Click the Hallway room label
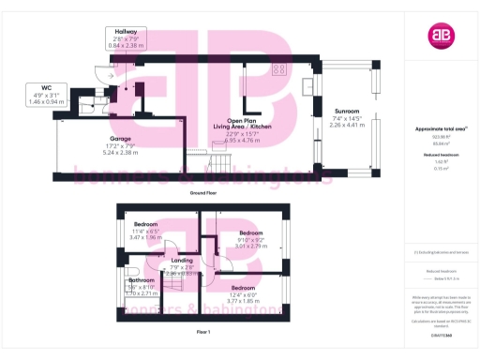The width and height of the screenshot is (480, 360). pos(127,31)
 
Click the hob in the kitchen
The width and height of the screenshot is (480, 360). pos(279,68)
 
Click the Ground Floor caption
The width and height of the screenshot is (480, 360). pos(204,191)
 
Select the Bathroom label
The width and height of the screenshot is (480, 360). pos(142,279)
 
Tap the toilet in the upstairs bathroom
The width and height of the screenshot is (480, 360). pos(124,259)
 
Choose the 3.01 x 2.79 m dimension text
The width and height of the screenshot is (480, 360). pos(250,246)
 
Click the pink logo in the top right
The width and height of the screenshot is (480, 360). pos(441,36)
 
